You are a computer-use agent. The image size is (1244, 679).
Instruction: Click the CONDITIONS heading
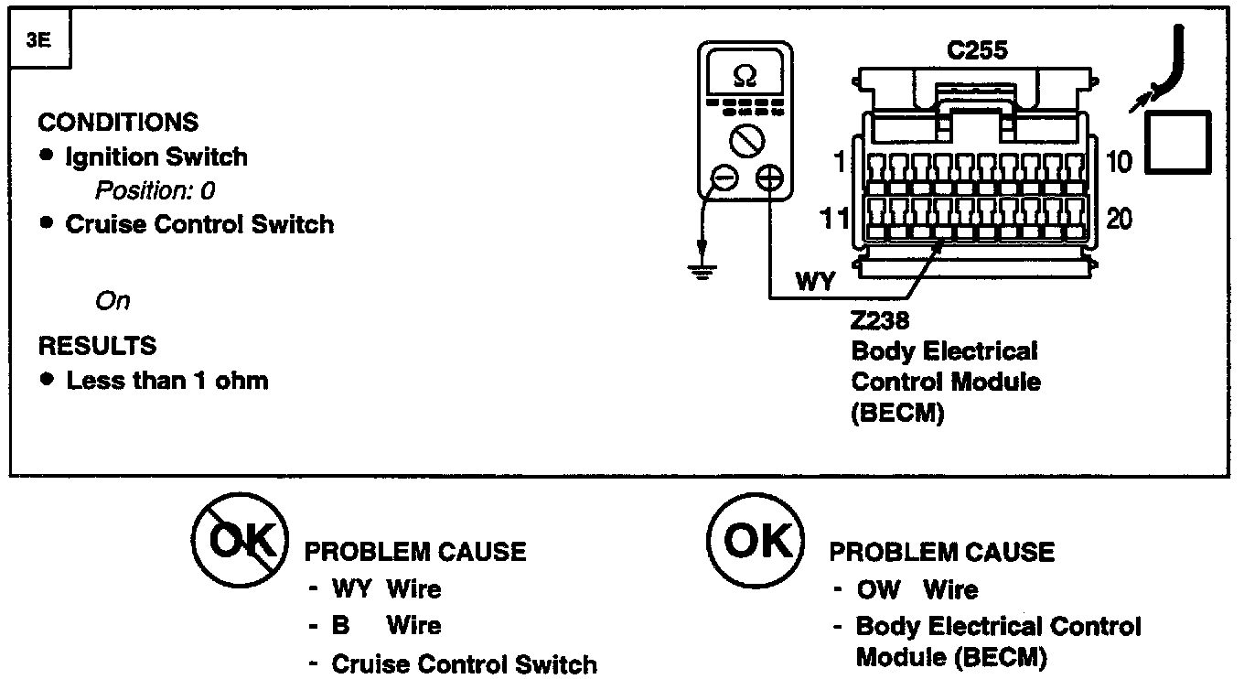click(x=118, y=122)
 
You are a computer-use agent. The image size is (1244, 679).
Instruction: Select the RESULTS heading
click(x=97, y=346)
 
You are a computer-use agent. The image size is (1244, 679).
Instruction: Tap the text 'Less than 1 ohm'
click(x=167, y=381)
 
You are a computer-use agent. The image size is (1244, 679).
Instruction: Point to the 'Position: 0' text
click(x=155, y=190)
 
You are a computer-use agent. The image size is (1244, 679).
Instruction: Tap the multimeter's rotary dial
click(x=746, y=142)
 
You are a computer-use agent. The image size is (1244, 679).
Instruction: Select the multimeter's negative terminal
click(x=724, y=178)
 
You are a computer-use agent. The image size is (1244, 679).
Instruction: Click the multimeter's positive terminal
click(x=769, y=178)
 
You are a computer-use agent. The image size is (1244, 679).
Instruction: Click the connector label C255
click(x=977, y=50)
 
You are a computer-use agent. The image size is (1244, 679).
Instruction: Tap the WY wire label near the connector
click(x=814, y=281)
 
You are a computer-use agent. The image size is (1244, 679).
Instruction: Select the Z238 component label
click(x=879, y=320)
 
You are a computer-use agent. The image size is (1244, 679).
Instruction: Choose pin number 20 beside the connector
click(x=1120, y=220)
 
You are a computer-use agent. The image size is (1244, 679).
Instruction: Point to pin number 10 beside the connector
click(x=1119, y=162)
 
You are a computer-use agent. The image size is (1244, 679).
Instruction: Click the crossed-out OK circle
click(x=240, y=540)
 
